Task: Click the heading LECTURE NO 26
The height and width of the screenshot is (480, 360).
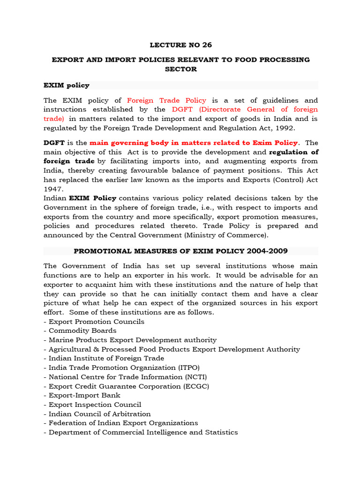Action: pos(180,45)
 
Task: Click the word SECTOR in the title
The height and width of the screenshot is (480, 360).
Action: pos(180,69)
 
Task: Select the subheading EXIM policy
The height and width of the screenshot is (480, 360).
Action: pos(66,85)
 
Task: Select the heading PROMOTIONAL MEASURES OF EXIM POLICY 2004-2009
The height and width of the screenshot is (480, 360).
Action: pos(180,251)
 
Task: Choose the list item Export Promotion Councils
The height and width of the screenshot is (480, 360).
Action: pos(96,322)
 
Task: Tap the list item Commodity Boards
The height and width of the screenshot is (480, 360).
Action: pos(82,331)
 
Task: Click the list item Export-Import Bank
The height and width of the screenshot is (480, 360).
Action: pos(84,395)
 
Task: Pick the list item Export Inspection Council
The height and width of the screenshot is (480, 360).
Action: pos(95,405)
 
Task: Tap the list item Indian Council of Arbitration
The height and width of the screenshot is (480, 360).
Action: pos(99,414)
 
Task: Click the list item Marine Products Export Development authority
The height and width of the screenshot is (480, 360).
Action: pos(132,340)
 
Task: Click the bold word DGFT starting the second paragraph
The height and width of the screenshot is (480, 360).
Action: pos(53,143)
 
